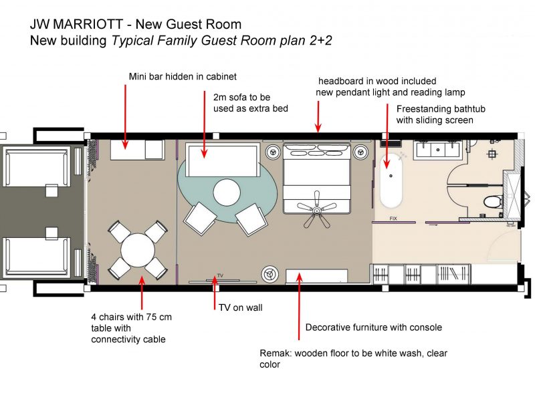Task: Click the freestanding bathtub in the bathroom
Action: point(391,180)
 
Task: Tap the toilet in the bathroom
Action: point(493,202)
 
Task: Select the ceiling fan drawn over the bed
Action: point(317,209)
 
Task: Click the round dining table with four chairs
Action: point(138,250)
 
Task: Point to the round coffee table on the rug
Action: point(227,192)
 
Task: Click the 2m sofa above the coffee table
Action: point(223,160)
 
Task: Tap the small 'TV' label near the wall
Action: point(220,275)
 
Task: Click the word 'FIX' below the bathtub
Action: point(393,219)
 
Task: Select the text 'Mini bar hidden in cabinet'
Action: point(183,76)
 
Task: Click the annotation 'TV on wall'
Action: point(241,307)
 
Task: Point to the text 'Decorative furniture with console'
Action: point(374,327)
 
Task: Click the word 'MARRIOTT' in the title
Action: point(88,24)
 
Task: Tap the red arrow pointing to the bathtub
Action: point(387,136)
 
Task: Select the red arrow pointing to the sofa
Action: point(205,124)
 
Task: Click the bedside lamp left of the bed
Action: point(273,152)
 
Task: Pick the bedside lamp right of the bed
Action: point(360,152)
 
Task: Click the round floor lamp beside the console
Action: point(270,274)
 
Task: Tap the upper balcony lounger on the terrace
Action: point(37,166)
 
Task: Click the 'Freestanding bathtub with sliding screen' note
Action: point(441,114)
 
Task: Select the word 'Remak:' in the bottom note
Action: point(276,354)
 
